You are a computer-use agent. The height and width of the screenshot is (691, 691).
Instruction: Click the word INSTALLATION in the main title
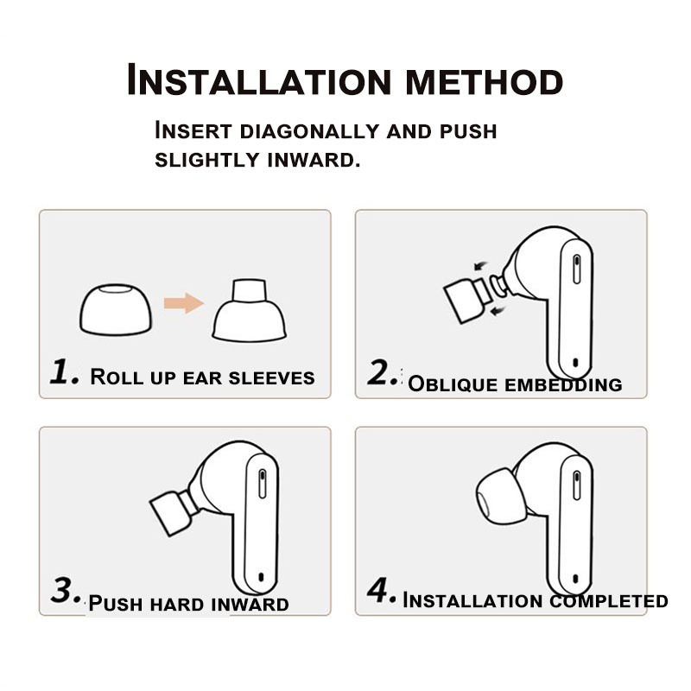(x=259, y=79)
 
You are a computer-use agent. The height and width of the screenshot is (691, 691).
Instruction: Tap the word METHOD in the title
(x=485, y=81)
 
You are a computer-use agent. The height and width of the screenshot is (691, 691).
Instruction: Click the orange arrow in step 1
(x=184, y=303)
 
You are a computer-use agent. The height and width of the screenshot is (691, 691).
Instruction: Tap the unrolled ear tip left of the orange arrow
(x=116, y=309)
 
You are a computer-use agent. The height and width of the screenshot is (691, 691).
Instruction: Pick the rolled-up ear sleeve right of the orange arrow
(x=249, y=310)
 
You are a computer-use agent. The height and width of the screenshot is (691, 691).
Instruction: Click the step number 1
(x=64, y=371)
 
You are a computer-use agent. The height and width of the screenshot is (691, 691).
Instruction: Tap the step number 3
(x=66, y=590)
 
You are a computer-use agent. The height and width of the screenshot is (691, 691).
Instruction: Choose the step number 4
(x=381, y=590)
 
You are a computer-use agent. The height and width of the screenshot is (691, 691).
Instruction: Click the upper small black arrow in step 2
(x=480, y=266)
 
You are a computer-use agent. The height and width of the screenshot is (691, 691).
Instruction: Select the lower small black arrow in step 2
(x=498, y=312)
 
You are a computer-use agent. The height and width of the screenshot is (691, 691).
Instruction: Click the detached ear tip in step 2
(x=467, y=300)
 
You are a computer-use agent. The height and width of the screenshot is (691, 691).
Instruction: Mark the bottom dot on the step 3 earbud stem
(x=261, y=577)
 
